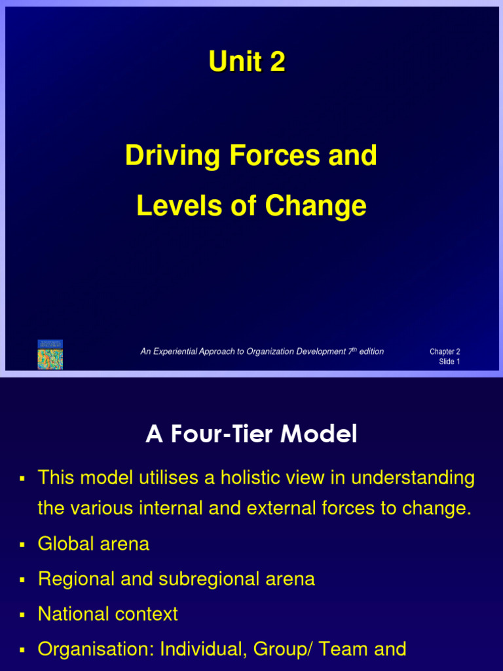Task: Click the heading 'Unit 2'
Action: pyautogui.click(x=247, y=62)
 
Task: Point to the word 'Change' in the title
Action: pyautogui.click(x=316, y=207)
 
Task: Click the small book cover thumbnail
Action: pyautogui.click(x=50, y=355)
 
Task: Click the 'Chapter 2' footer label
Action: pyautogui.click(x=445, y=352)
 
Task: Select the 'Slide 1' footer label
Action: pyautogui.click(x=449, y=362)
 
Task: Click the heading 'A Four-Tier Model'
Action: pyautogui.click(x=251, y=434)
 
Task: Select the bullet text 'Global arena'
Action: pyautogui.click(x=94, y=544)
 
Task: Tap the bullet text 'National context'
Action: pyautogui.click(x=108, y=615)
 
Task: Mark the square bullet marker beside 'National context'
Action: pyautogui.click(x=22, y=615)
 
